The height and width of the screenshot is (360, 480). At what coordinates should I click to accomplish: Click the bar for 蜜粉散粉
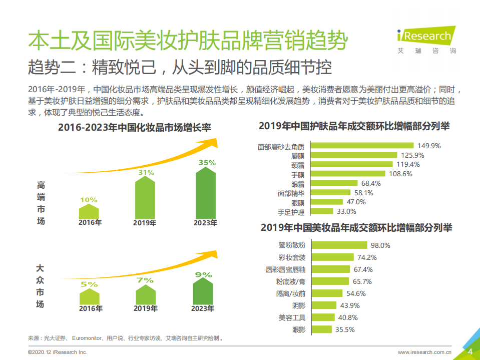click(x=339, y=245)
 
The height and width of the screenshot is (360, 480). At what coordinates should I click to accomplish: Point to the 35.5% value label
click(x=345, y=329)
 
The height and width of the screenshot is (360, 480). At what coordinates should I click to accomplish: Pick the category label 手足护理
click(x=291, y=212)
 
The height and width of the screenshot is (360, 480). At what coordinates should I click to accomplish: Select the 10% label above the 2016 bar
click(x=89, y=200)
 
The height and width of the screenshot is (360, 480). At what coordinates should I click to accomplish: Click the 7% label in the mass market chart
click(x=145, y=280)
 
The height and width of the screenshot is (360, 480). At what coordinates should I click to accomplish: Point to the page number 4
click(x=469, y=351)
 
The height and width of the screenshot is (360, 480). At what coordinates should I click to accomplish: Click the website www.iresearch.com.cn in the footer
click(x=425, y=352)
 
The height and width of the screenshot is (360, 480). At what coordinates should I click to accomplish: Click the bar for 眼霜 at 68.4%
click(x=334, y=183)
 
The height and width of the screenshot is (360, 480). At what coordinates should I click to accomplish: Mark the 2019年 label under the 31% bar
click(x=145, y=223)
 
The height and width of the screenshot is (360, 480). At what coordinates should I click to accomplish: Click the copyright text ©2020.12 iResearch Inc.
click(x=58, y=352)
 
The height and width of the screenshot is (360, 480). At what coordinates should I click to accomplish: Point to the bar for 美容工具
click(x=322, y=317)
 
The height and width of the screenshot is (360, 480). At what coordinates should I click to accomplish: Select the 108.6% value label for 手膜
click(x=400, y=174)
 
